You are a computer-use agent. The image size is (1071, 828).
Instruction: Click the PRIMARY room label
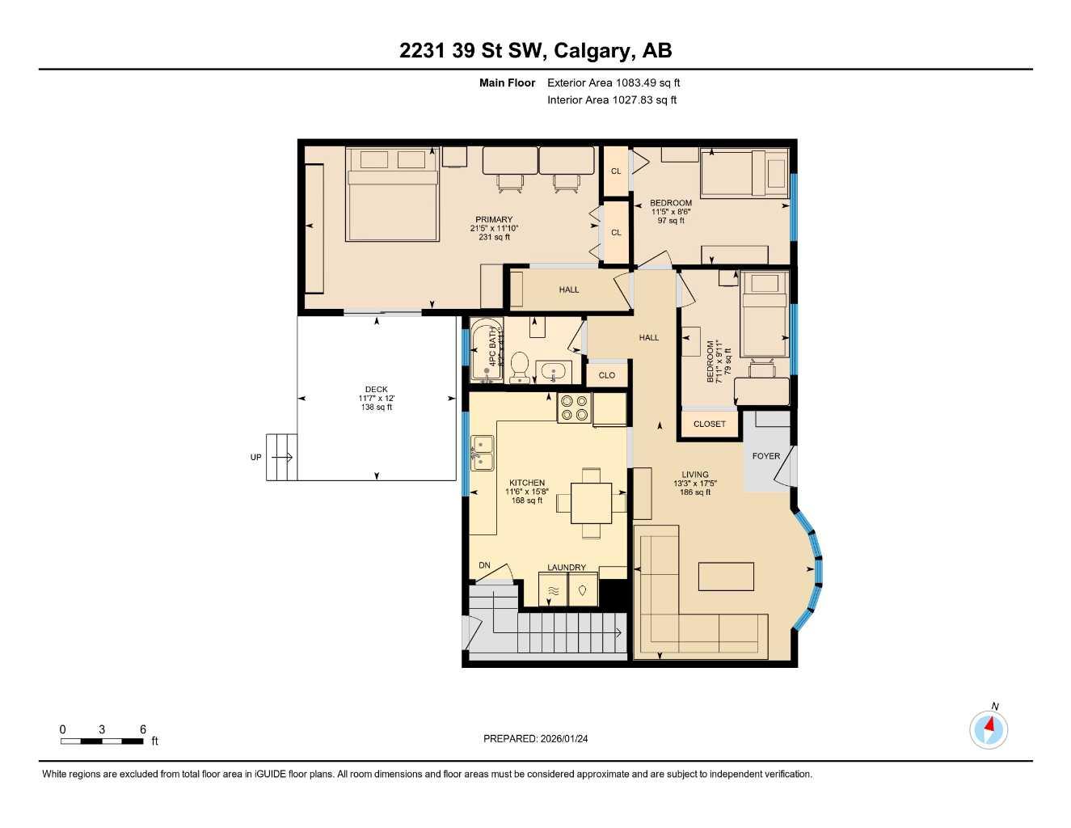[494, 220]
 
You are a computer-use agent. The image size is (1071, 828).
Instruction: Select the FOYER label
[766, 456]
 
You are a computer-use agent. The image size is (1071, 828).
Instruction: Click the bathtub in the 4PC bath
[486, 352]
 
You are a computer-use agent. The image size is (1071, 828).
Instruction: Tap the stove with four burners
[574, 408]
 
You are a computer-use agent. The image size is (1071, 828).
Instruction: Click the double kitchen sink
[483, 453]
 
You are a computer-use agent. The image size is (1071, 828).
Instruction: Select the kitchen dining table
[591, 503]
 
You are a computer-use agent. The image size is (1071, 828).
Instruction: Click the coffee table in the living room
[726, 577]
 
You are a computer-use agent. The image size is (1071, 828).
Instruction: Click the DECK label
[376, 390]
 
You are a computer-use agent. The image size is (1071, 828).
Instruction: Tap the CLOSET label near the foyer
[710, 424]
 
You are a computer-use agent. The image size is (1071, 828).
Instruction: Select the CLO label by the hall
[607, 375]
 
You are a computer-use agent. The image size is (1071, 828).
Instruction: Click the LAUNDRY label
[567, 568]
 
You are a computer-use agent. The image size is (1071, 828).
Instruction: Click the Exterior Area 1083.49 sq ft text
[614, 82]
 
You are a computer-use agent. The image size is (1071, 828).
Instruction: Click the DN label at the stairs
[484, 565]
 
